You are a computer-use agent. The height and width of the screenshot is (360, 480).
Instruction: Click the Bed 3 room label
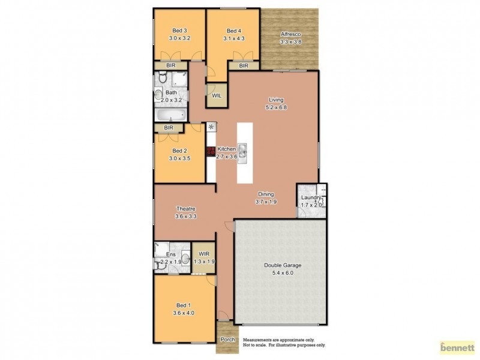[x=179, y=31]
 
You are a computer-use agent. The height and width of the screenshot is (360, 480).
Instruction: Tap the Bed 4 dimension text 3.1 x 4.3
[x=234, y=38]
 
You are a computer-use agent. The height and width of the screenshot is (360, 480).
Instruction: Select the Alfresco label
[x=290, y=35]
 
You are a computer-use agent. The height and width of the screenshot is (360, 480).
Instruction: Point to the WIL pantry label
[x=217, y=94]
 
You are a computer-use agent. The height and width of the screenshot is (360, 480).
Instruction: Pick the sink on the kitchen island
[x=242, y=153]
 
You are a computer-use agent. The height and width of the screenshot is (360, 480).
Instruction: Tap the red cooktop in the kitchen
[x=211, y=152]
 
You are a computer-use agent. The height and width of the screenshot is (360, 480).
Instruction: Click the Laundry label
[x=311, y=197]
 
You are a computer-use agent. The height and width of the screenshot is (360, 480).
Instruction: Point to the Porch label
[x=228, y=340]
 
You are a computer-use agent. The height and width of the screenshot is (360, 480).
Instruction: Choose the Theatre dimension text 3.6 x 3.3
[x=186, y=216]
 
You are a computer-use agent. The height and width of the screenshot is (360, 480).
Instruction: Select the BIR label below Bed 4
[x=244, y=65]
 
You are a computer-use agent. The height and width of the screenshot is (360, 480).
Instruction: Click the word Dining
[x=266, y=194]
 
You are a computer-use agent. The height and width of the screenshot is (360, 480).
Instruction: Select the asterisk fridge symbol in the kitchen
[x=211, y=127]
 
